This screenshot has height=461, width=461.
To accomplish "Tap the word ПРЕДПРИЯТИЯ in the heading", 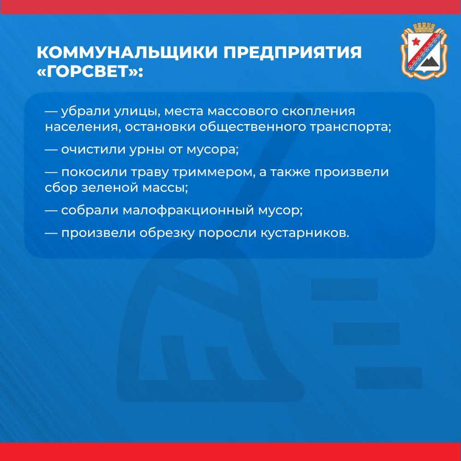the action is click(292, 53).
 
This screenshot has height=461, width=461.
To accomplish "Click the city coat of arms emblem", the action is click(424, 51).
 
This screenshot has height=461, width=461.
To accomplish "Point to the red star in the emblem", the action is click(416, 41).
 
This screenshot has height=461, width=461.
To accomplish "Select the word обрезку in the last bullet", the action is click(167, 233).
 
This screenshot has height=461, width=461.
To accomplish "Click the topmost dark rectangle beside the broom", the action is click(344, 290).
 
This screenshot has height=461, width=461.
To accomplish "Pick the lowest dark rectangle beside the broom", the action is click(388, 378).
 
